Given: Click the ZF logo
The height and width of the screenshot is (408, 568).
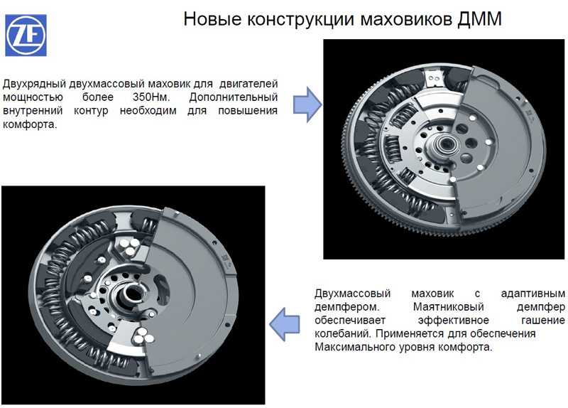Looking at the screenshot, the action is coord(26,35).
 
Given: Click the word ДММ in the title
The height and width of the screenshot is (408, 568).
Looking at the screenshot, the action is coord(479,19).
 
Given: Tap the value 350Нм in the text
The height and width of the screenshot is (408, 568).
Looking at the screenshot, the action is coord(151,97).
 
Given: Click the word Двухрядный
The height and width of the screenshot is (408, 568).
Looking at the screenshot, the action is coord(34,84).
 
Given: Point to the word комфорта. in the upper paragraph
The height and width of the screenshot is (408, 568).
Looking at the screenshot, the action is coord(30,124).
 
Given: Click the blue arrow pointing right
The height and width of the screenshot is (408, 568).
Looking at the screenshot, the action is coord(307,104).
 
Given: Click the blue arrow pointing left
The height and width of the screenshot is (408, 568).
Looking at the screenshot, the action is coord(285,324).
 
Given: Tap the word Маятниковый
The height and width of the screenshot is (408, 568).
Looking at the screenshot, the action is coord(449,307).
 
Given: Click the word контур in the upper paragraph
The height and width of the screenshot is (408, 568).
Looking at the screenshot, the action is coord(91,111).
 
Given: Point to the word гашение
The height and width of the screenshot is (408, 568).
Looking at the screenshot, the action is coord(543,321).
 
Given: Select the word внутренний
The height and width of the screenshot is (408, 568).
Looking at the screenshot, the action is coord(33,111).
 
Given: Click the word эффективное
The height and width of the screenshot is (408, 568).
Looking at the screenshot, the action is coord(453,321).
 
